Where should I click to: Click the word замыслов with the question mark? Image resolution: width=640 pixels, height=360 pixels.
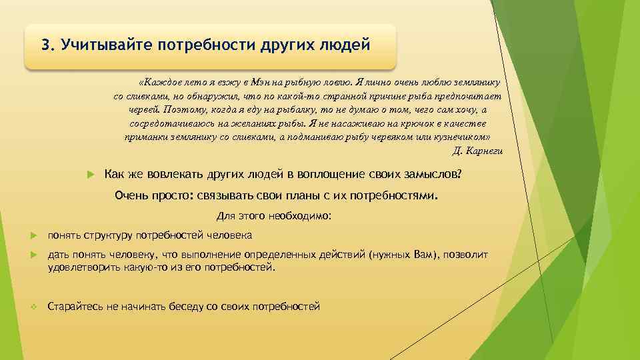tap(431, 175)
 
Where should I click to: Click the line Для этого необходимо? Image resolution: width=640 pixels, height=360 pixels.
tap(274, 216)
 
